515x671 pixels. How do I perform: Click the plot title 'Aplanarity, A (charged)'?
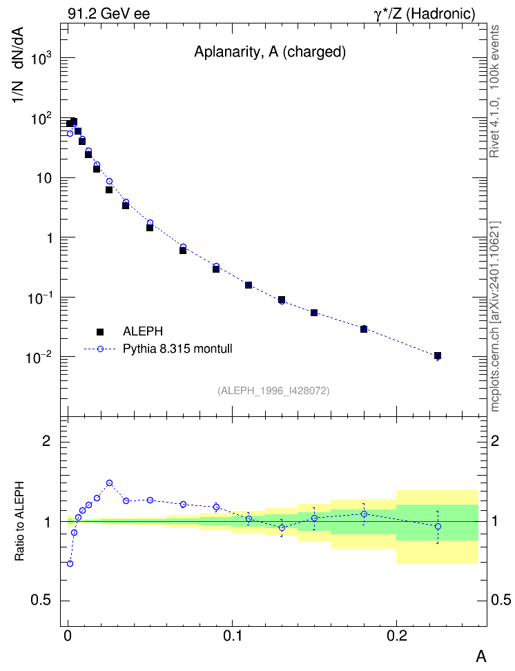pyautogui.click(x=270, y=52)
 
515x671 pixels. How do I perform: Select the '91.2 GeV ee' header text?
pyautogui.click(x=109, y=14)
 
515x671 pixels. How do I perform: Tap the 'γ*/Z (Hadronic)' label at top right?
pyautogui.click(x=425, y=14)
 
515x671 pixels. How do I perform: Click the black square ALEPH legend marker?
pyautogui.click(x=100, y=331)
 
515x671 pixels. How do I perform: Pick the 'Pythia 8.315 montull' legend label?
pyautogui.click(x=177, y=349)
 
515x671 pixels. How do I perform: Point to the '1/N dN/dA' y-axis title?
pyautogui.click(x=19, y=65)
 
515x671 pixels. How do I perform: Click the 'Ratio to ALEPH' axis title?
pyautogui.click(x=19, y=521)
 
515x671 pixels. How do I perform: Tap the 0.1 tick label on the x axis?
pyautogui.click(x=232, y=636)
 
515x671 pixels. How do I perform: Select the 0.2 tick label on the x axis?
pyautogui.click(x=397, y=636)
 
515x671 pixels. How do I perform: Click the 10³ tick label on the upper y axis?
pyautogui.click(x=41, y=57)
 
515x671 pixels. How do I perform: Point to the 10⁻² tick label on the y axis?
pyautogui.click(x=39, y=356)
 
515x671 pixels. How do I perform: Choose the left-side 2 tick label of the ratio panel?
pyautogui.click(x=46, y=440)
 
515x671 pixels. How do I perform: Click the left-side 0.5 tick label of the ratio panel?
pyautogui.click(x=41, y=600)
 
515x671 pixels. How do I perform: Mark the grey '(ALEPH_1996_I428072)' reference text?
pyautogui.click(x=273, y=391)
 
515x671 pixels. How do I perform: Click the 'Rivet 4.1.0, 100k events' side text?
pyautogui.click(x=494, y=91)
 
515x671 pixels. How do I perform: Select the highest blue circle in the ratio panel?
pyautogui.click(x=109, y=483)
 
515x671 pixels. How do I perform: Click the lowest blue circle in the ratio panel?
pyautogui.click(x=70, y=563)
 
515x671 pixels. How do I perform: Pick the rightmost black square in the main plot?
pyautogui.click(x=438, y=356)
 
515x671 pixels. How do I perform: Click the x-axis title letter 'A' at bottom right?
pyautogui.click(x=481, y=656)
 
